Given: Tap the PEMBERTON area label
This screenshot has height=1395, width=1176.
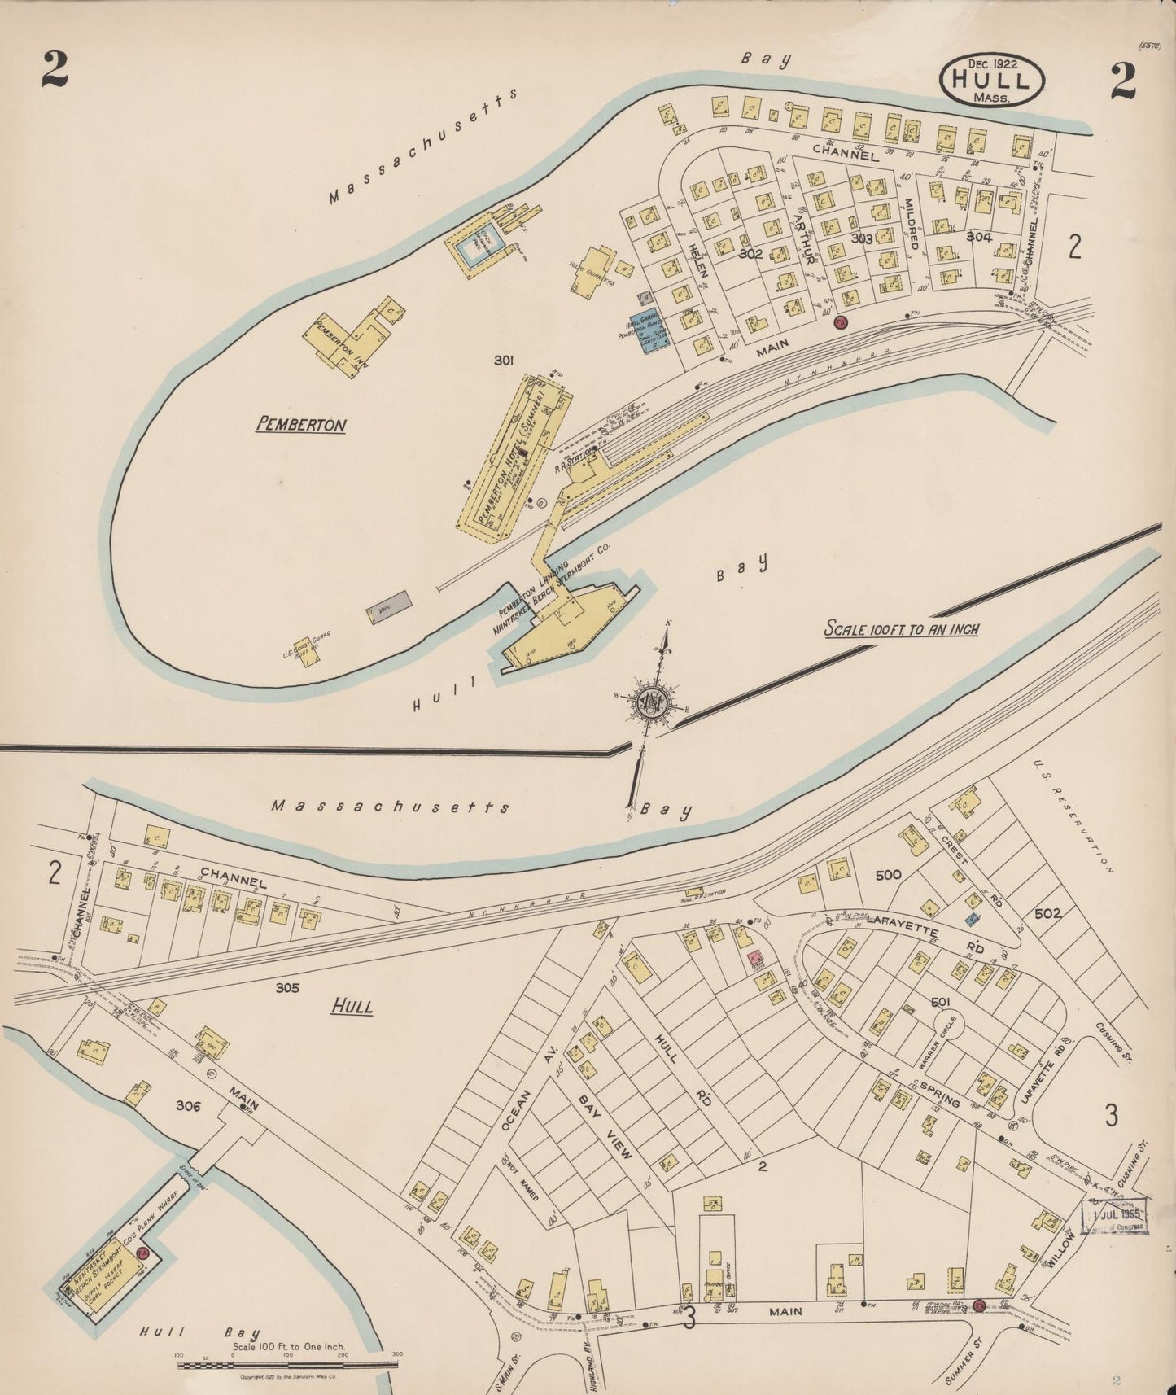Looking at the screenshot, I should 301,424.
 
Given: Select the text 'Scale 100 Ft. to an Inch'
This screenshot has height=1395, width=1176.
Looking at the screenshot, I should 901,628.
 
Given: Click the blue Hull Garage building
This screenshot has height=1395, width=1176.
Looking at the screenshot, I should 650,330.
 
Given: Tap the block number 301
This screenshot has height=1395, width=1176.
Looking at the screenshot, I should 504,359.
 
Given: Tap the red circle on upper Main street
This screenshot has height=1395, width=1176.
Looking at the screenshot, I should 841,323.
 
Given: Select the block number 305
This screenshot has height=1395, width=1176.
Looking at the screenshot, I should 287,988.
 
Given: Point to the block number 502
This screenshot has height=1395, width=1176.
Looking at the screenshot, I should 1047,913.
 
